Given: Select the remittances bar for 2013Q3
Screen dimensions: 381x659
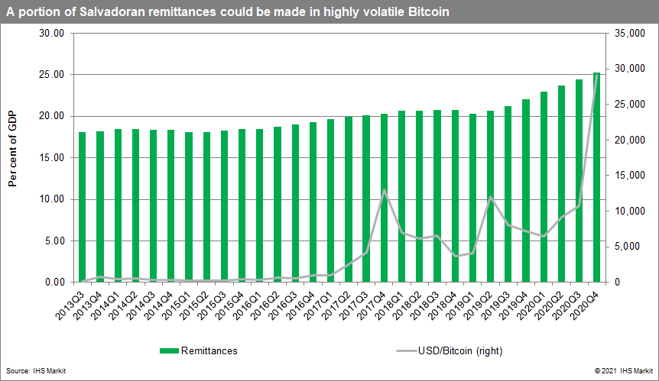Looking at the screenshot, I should pyautogui.click(x=82, y=207).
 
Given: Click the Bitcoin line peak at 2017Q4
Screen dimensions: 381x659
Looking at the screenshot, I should pyautogui.click(x=384, y=190).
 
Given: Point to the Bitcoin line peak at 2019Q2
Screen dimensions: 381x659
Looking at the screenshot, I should pyautogui.click(x=490, y=198).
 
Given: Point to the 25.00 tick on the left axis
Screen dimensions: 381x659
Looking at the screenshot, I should pyautogui.click(x=54, y=75).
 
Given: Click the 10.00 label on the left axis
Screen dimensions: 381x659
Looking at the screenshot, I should pyautogui.click(x=54, y=199).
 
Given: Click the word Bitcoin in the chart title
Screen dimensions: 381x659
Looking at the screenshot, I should pyautogui.click(x=429, y=12).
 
